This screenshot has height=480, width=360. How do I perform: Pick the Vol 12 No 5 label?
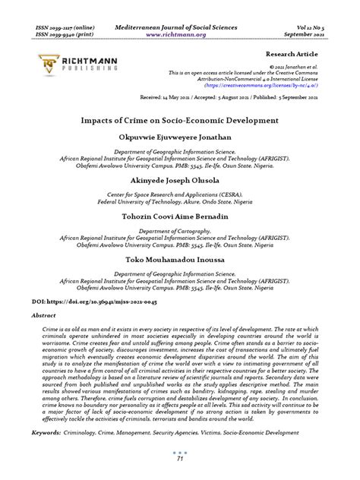(x=302, y=27)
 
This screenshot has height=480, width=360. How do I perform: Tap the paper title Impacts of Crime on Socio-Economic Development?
(x=179, y=120)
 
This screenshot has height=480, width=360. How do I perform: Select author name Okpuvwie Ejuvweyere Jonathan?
(x=179, y=137)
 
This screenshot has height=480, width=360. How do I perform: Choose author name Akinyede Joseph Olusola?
(x=179, y=180)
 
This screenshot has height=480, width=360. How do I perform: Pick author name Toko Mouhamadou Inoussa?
(x=179, y=259)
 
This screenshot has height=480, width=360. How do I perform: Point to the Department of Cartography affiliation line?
(x=179, y=230)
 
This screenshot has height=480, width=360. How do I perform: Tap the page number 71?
(x=179, y=459)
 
